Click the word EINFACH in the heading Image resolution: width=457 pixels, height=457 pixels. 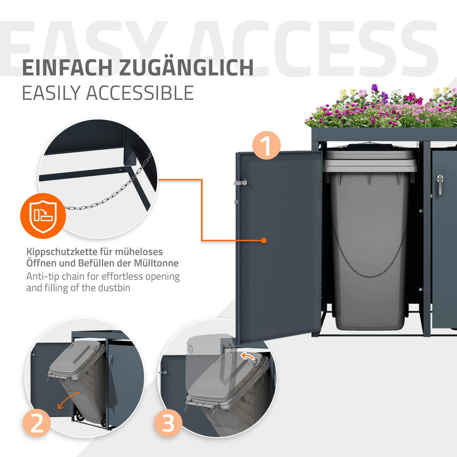click(67, 68)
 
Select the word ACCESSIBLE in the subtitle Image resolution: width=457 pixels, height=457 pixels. click(140, 93)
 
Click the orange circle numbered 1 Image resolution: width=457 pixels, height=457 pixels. click(266, 145)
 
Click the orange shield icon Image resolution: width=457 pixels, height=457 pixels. click(43, 216)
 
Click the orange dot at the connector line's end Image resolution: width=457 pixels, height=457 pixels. click(264, 240)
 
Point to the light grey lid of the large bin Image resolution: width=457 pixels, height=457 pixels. click(371, 161)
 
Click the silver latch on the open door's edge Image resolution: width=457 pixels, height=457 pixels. click(240, 183)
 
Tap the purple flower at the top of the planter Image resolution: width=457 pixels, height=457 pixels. click(374, 88)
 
